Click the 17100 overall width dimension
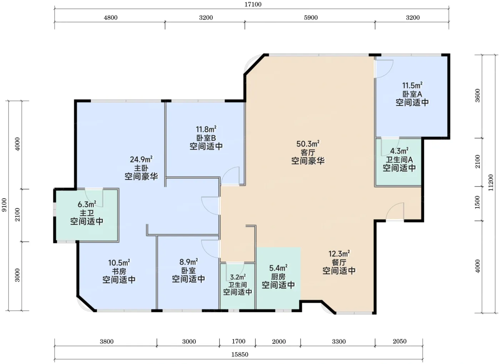pos(253,4)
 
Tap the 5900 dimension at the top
pos(311,18)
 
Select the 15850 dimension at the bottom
pos(240,354)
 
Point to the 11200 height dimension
pos(491,183)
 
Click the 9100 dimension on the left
pos(4,205)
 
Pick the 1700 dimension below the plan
pos(239,341)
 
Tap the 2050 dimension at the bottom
pos(400,341)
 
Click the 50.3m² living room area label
pos(308,144)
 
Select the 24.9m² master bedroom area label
pos(141,159)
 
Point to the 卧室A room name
pos(412,94)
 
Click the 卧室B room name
pos(206,138)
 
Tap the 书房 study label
pos(119,271)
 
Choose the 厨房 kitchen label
pos(278,277)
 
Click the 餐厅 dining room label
pos(339,263)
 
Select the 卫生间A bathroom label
pos(399,160)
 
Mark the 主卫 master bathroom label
pos(87,213)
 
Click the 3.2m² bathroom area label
pos(238,277)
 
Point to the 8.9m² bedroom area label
pos(189,261)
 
